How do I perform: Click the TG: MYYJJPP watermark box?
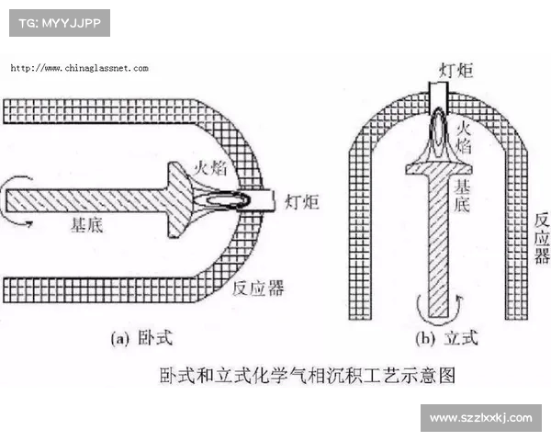[x=59, y=22]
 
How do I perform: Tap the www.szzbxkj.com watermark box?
[x=481, y=418]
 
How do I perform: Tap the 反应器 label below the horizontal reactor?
[x=258, y=288]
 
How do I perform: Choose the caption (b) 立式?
[x=446, y=339]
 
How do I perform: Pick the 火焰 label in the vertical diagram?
[x=466, y=135]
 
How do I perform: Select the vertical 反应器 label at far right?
[x=541, y=238]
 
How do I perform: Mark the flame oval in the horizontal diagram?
[x=225, y=197]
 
